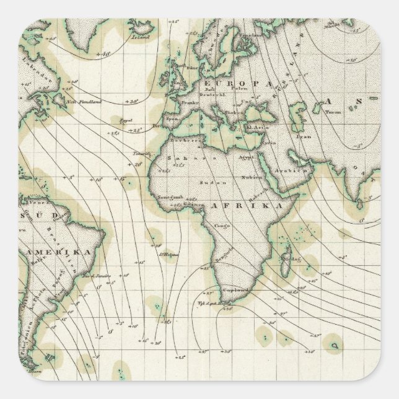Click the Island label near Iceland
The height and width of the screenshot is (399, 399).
tap(138, 35)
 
